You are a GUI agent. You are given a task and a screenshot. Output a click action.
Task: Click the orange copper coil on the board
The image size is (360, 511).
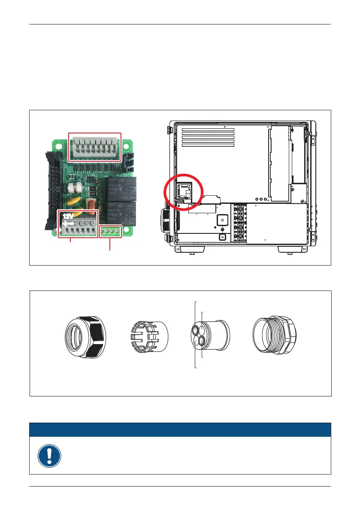tap(91, 206)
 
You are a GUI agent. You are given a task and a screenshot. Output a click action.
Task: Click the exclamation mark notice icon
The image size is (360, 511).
tap(49, 456)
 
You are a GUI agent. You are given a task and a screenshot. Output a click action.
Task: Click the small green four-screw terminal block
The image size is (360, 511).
tap(111, 231)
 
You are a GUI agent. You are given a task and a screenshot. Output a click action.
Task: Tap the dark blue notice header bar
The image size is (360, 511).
tap(180, 429)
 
